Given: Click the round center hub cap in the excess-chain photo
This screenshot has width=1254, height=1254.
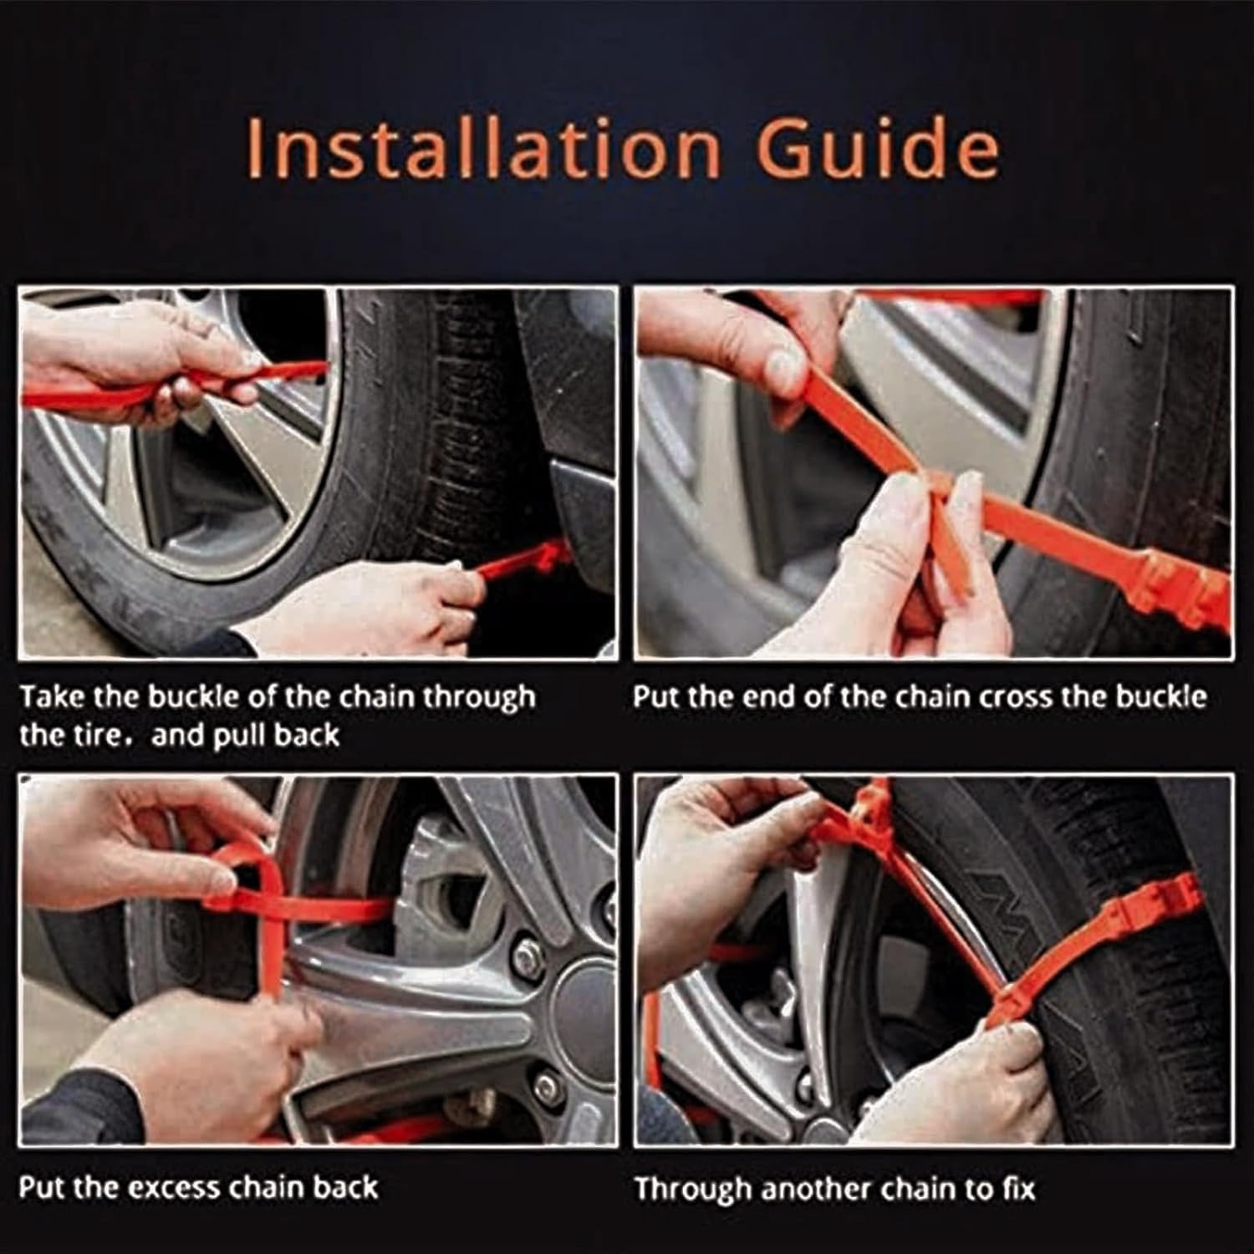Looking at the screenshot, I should click(585, 999).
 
